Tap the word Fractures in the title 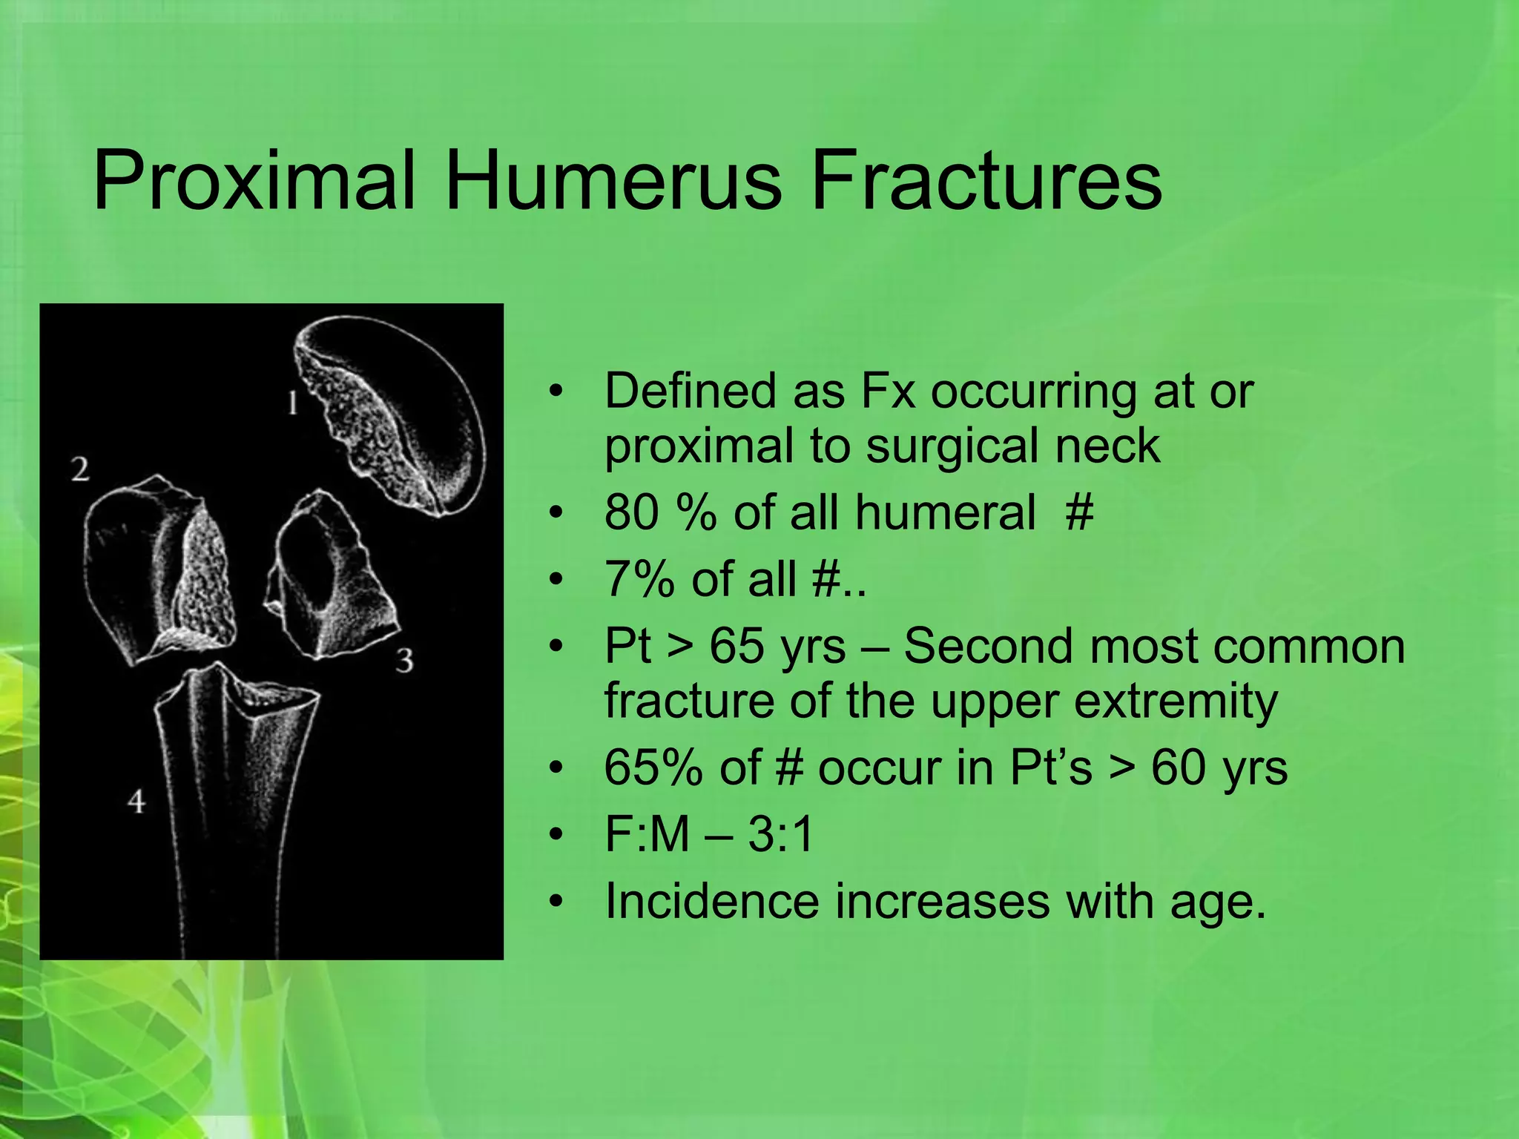(986, 181)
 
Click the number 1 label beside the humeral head (293, 403)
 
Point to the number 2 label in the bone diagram (80, 469)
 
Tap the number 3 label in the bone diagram (403, 660)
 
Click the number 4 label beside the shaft (136, 802)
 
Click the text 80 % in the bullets (660, 512)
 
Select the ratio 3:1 (780, 834)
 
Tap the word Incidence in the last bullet (711, 902)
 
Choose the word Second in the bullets (987, 646)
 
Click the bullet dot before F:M (556, 836)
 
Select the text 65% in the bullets (653, 767)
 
